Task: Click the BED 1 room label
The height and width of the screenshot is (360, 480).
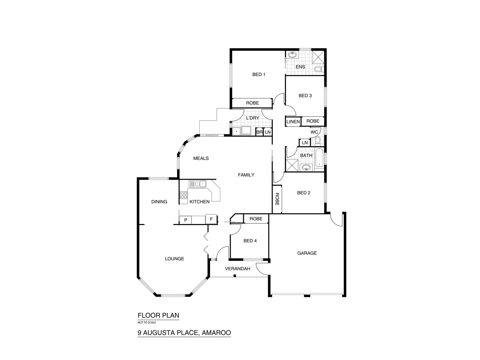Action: [259, 74]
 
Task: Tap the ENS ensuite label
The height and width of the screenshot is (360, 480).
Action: [300, 67]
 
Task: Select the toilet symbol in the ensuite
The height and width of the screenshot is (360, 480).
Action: [319, 69]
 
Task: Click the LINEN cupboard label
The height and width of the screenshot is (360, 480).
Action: [293, 122]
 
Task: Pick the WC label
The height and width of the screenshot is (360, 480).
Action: [314, 132]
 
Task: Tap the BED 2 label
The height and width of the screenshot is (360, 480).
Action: [304, 193]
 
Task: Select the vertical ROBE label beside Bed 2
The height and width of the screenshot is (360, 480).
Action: [277, 199]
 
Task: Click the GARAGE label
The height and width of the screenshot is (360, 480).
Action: [307, 253]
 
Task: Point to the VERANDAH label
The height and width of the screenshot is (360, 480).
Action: [238, 269]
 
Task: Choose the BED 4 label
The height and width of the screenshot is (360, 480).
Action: [250, 241]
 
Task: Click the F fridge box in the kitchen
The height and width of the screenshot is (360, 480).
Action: [211, 219]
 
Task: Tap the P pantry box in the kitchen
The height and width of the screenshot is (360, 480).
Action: [186, 220]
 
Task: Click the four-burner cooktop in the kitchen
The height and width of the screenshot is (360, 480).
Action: [184, 195]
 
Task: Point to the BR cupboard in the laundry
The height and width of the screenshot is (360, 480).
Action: [259, 132]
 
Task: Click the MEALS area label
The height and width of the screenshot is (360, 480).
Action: [201, 158]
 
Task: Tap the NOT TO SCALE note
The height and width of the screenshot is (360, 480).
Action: [147, 322]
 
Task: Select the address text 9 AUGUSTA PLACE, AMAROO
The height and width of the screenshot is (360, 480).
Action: [184, 332]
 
